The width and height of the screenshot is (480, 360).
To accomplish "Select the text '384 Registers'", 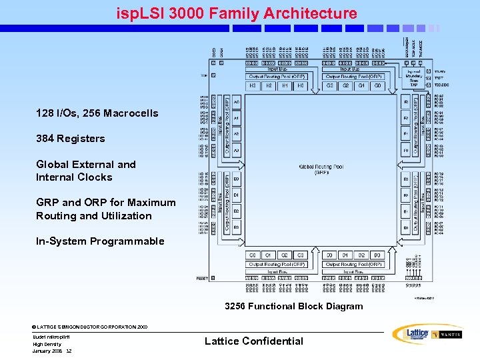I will pos(70,139).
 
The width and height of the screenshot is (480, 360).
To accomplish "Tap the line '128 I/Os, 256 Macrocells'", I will pos(97,113).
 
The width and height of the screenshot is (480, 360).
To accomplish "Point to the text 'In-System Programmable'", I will pos(100,241).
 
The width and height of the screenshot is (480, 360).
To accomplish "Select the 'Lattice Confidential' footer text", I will pos(253,341).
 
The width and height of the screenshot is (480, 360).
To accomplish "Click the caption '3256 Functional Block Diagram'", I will pos(294,307).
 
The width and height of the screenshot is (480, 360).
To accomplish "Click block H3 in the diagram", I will pos(253,86).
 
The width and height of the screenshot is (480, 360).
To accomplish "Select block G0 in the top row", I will pos(377,86).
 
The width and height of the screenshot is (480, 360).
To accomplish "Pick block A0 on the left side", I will pos(236,102).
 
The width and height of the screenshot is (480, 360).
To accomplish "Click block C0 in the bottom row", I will pos(253,255).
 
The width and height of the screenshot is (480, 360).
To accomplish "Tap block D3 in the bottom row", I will pos(377,255).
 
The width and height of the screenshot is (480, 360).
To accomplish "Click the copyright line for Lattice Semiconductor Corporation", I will pos(90,327).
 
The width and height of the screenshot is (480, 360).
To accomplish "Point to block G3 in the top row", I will pos(329,86).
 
